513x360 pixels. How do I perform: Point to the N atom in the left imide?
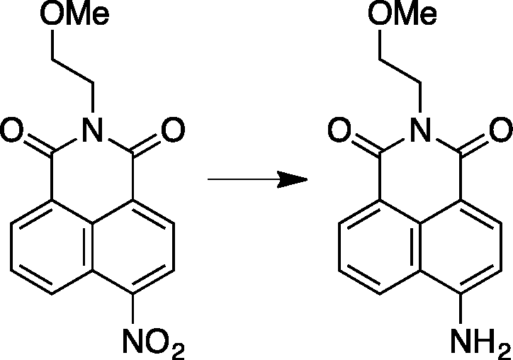click(x=93, y=129)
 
